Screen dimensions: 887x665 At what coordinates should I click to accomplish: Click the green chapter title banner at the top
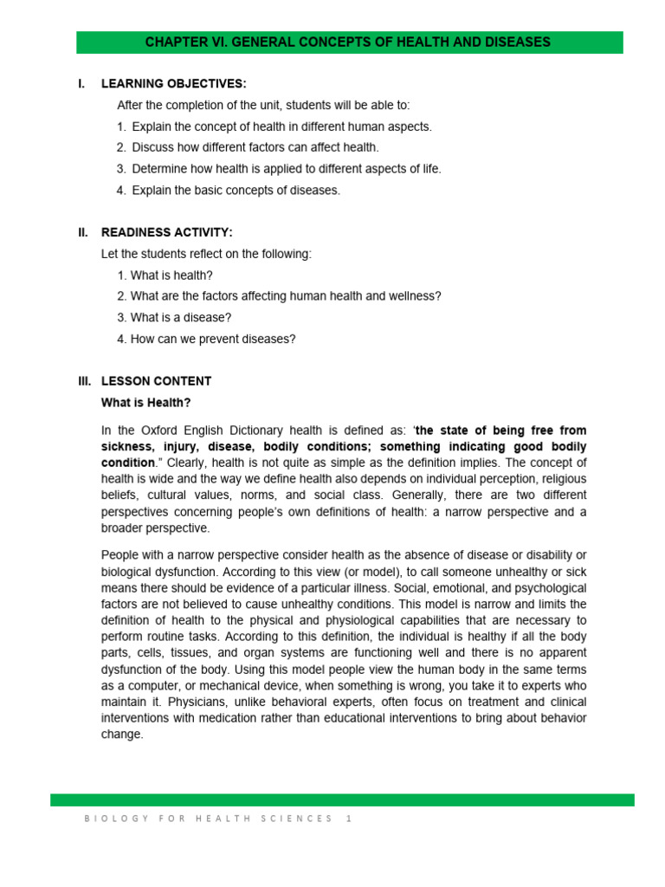tap(347, 42)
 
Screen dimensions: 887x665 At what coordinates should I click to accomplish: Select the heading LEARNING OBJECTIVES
tap(173, 84)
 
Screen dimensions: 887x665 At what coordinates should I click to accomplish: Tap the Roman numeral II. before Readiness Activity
tap(83, 232)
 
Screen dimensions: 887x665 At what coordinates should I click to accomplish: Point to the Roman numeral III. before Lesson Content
tap(84, 381)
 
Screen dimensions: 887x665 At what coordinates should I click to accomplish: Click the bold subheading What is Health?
tap(145, 403)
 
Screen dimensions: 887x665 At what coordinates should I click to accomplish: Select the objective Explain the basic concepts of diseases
tap(236, 190)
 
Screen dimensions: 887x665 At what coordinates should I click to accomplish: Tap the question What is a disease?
tap(180, 317)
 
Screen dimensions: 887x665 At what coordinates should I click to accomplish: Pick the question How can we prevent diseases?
tap(212, 339)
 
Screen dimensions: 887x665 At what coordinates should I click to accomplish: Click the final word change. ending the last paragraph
tap(122, 735)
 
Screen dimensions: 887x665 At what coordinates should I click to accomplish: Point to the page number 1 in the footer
tap(348, 818)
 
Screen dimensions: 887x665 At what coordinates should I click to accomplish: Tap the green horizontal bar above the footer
tap(342, 800)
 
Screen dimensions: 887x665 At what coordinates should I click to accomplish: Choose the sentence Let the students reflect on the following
tap(206, 254)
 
